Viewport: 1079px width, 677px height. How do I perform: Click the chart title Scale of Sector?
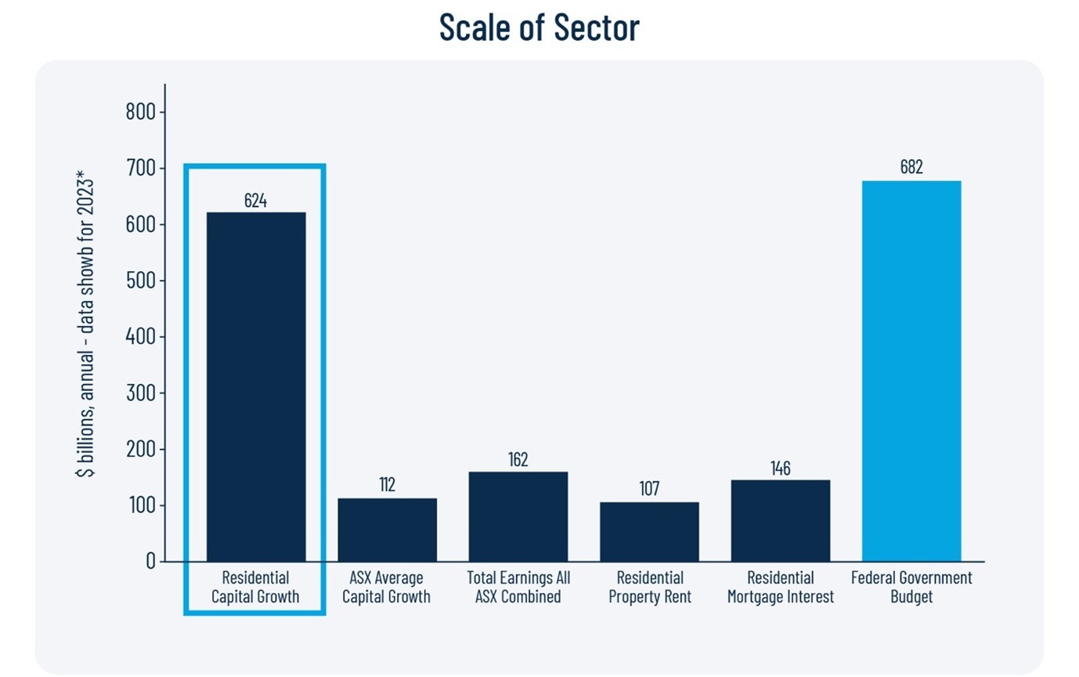tap(539, 27)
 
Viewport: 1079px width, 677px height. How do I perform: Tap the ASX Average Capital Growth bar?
tap(387, 530)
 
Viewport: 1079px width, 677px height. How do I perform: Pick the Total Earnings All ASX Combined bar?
tap(518, 516)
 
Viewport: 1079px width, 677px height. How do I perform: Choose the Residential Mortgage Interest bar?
tap(780, 520)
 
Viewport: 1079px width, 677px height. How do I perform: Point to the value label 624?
tap(255, 201)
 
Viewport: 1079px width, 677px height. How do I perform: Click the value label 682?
tap(911, 168)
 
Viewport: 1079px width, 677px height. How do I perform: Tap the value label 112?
tap(387, 485)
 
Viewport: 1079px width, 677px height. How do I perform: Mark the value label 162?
tap(518, 459)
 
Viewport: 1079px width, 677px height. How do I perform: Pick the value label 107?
tap(649, 489)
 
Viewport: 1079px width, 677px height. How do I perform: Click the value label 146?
tap(780, 469)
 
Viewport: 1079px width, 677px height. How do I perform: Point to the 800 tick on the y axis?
tap(140, 112)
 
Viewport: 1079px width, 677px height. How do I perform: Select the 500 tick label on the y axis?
tap(140, 281)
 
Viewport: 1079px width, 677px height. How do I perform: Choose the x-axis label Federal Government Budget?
tap(911, 587)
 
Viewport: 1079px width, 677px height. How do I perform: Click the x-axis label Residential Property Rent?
tap(649, 587)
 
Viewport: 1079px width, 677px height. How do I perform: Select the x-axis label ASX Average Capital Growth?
tap(387, 587)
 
